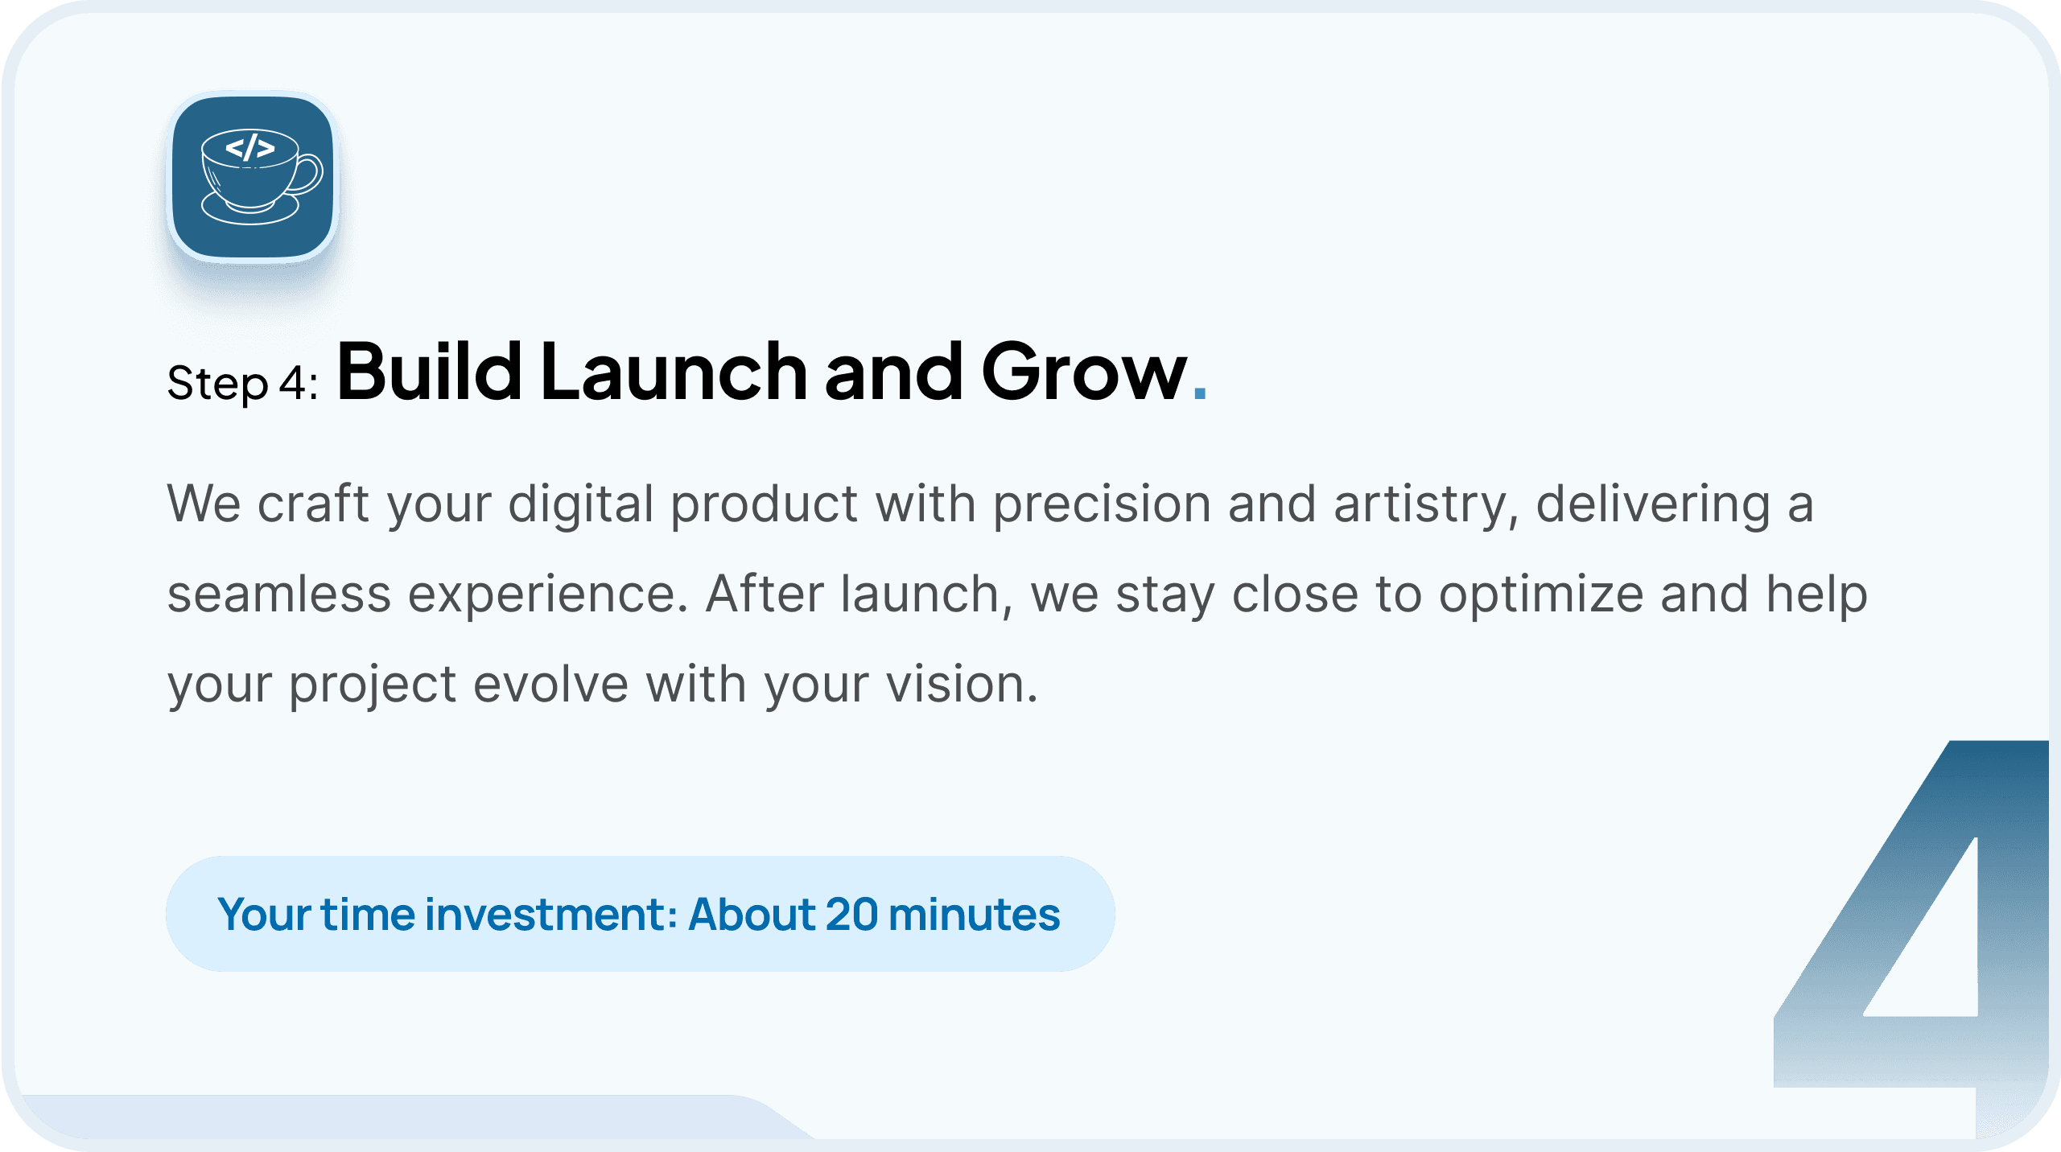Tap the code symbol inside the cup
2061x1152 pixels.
tap(249, 148)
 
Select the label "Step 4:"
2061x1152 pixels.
tap(242, 382)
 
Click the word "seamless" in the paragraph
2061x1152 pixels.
tap(278, 595)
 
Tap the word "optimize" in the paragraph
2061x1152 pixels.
tap(1541, 596)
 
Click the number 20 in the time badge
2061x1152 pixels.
tap(851, 915)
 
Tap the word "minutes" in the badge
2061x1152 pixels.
tap(975, 915)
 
